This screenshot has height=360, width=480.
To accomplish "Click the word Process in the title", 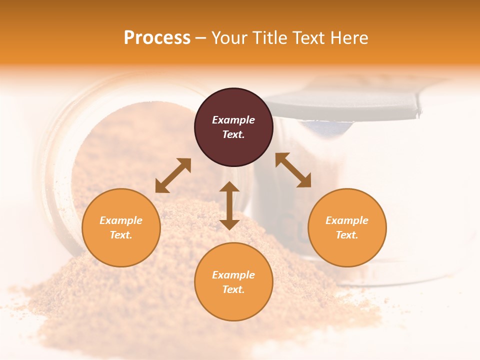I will [x=157, y=38].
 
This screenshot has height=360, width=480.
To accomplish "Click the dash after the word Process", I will [x=201, y=38].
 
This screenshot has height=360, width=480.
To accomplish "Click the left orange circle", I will [x=121, y=227].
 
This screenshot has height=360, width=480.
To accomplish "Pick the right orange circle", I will [x=347, y=227].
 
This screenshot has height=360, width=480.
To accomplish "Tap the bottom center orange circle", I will [x=233, y=281].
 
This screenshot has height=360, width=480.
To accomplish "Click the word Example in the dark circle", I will [x=233, y=120].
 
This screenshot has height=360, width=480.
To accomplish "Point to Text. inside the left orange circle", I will [x=121, y=235].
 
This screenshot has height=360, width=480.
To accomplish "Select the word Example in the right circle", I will [x=347, y=220].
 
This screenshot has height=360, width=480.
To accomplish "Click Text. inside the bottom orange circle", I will [x=233, y=289].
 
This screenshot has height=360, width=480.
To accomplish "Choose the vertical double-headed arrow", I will [x=229, y=205].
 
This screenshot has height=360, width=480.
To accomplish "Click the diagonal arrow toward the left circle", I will [x=173, y=175].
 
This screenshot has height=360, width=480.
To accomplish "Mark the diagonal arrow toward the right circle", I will [x=293, y=170].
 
